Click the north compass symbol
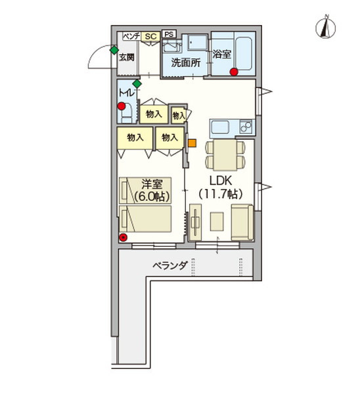326,27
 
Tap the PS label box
169,34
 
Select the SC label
151,36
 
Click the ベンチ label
131,36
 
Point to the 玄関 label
127,58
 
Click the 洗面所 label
186,63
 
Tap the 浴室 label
221,54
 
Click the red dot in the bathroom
234,72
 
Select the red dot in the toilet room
122,106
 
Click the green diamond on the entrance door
114,51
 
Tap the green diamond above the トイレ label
137,84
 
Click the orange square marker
192,143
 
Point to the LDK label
221,181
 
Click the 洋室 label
152,185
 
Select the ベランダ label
170,265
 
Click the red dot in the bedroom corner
123,238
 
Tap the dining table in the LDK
225,154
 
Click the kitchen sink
220,127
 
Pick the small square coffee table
217,221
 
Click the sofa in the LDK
242,223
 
